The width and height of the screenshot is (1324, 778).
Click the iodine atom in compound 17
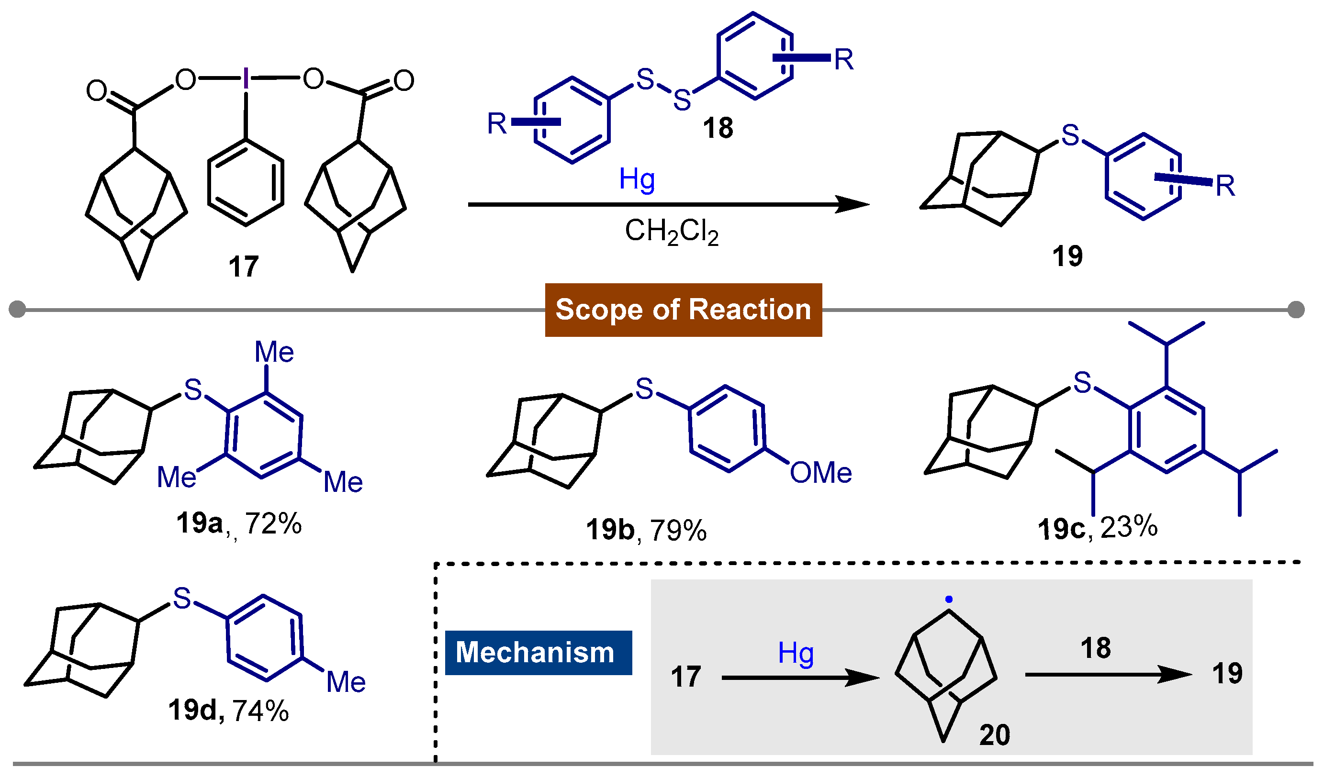pyautogui.click(x=246, y=79)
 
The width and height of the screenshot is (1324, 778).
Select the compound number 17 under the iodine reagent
pyautogui.click(x=244, y=267)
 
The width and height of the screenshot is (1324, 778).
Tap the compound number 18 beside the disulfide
pyautogui.click(x=718, y=129)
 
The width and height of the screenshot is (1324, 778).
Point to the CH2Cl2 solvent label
pyautogui.click(x=671, y=232)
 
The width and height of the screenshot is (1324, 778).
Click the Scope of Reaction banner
pyautogui.click(x=683, y=310)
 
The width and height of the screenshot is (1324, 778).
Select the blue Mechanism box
pyautogui.click(x=538, y=653)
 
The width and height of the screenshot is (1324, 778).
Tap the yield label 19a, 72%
pyautogui.click(x=239, y=524)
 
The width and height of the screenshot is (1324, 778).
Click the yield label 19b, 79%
pyautogui.click(x=646, y=530)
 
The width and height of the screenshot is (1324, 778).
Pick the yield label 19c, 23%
pyautogui.click(x=1098, y=528)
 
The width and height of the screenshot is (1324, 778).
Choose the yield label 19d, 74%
pyautogui.click(x=228, y=711)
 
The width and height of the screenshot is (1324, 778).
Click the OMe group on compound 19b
pyautogui.click(x=820, y=473)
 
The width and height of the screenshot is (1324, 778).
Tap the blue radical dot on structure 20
pyautogui.click(x=948, y=600)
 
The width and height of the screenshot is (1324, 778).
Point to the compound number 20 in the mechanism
pyautogui.click(x=995, y=735)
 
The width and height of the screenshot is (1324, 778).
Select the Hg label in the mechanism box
pyautogui.click(x=796, y=654)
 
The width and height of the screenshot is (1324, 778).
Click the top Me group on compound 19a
pyautogui.click(x=274, y=352)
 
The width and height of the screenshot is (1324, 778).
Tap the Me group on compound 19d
pyautogui.click(x=346, y=682)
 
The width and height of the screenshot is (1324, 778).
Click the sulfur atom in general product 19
pyautogui.click(x=1070, y=135)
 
